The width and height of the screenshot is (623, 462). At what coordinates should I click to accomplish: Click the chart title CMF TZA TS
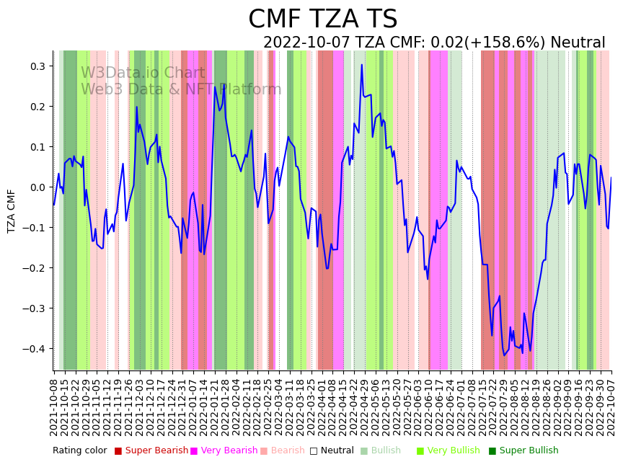(322, 19)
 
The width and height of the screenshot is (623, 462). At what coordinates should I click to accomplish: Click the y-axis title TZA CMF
(12, 210)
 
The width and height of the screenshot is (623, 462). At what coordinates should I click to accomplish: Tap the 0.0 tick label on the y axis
(36, 187)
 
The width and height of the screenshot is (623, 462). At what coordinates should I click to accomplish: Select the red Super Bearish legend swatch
(118, 451)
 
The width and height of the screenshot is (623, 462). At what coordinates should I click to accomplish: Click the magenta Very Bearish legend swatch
(194, 451)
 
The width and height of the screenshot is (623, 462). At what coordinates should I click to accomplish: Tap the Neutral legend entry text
(336, 451)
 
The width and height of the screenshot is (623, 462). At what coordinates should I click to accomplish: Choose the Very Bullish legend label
(454, 451)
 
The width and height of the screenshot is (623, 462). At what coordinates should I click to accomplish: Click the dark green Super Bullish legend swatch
(492, 451)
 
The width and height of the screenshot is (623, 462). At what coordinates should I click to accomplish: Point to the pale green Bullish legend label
(386, 451)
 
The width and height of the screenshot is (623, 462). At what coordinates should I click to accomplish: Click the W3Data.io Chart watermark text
(143, 74)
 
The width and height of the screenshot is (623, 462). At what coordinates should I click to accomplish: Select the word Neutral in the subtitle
(578, 43)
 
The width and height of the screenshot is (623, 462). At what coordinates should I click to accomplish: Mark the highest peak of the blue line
(362, 65)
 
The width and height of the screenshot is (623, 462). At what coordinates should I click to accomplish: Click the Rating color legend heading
(79, 451)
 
